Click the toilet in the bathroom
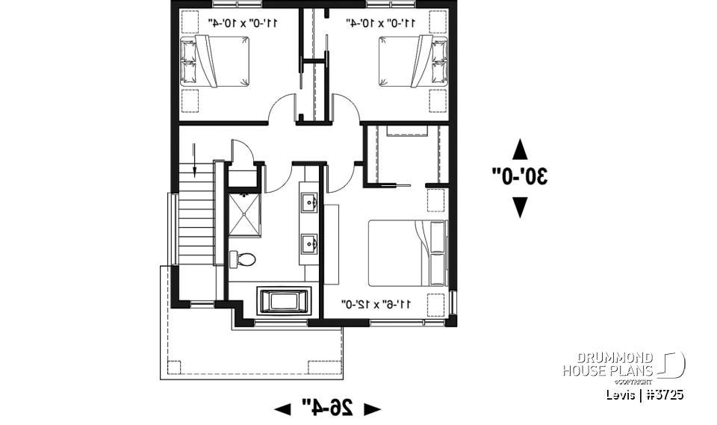243,259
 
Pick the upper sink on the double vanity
310,202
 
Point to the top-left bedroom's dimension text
243,23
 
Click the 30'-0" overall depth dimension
520,177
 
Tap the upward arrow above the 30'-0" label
520,149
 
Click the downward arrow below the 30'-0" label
520,207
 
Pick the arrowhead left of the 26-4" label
283,409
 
